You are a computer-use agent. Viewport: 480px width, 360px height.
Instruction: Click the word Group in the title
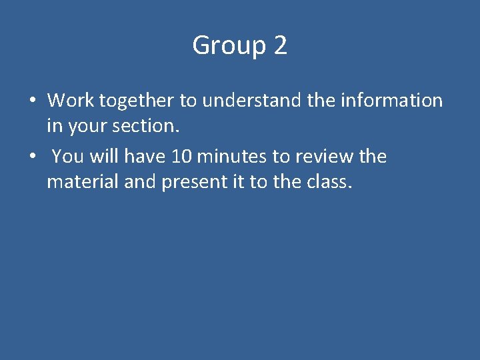(x=227, y=46)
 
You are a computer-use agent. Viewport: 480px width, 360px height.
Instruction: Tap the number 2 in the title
(x=280, y=46)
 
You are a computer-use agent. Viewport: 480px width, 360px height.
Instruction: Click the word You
(x=67, y=157)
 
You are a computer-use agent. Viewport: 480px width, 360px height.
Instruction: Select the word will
(x=103, y=157)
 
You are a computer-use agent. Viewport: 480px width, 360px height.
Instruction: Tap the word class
(x=327, y=181)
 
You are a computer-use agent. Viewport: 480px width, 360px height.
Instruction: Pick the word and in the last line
(x=139, y=181)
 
